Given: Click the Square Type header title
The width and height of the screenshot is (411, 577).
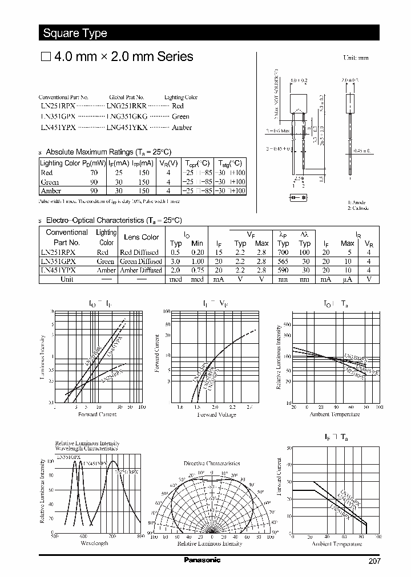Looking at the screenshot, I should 75,33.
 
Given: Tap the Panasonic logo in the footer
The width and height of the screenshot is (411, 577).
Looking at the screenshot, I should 202,560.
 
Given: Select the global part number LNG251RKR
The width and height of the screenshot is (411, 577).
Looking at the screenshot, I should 127,106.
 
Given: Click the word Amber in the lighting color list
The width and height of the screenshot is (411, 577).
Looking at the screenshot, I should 182,128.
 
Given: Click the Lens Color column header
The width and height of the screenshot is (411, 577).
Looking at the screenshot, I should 141,237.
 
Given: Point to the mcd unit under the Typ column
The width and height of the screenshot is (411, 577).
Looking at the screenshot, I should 176,279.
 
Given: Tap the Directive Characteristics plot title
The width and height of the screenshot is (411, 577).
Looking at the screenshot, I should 212,464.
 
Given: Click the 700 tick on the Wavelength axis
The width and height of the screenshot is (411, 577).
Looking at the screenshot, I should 112,536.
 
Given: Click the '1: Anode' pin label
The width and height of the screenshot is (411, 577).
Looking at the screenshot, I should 357,202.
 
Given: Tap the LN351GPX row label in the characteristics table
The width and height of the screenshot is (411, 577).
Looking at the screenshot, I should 58,261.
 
